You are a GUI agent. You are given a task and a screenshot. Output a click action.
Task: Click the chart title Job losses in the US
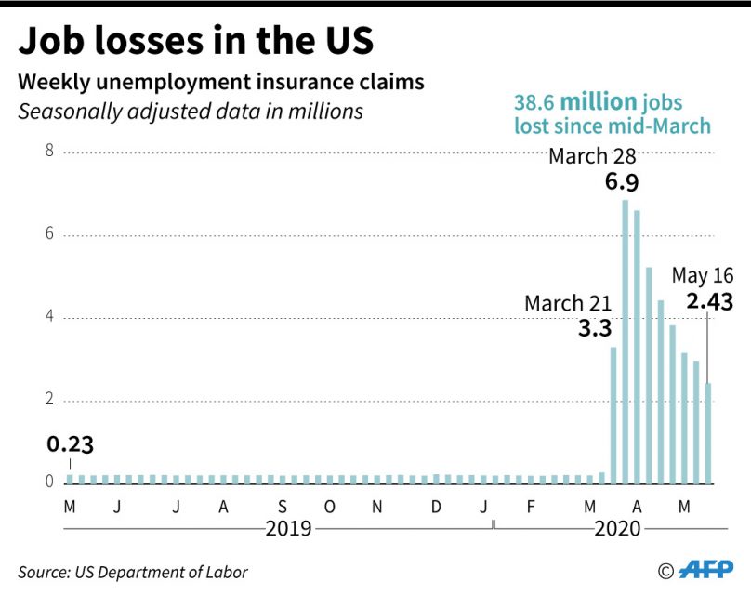[x=196, y=42]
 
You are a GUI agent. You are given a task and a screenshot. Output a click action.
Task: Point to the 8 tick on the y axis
[x=51, y=152]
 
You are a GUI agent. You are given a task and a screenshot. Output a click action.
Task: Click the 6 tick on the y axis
[x=51, y=235]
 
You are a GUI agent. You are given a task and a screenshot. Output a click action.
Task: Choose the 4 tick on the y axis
[x=51, y=318]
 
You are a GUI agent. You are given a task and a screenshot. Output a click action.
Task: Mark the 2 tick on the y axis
[x=51, y=401]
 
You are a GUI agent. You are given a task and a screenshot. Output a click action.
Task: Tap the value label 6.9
[x=622, y=181]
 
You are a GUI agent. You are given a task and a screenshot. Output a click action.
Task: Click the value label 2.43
[x=710, y=301]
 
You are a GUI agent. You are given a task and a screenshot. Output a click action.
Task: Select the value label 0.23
[x=70, y=444]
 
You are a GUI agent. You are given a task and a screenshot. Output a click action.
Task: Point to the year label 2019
[x=288, y=528]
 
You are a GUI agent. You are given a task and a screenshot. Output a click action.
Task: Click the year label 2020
[x=617, y=528]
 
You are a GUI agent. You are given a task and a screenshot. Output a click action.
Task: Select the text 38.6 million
[x=576, y=100]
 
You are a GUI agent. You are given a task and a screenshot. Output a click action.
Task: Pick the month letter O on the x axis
[x=330, y=507]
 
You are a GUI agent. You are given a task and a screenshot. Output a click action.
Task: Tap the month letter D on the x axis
[x=436, y=507]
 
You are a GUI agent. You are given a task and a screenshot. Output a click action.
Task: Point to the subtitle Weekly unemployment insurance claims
[x=221, y=82]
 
